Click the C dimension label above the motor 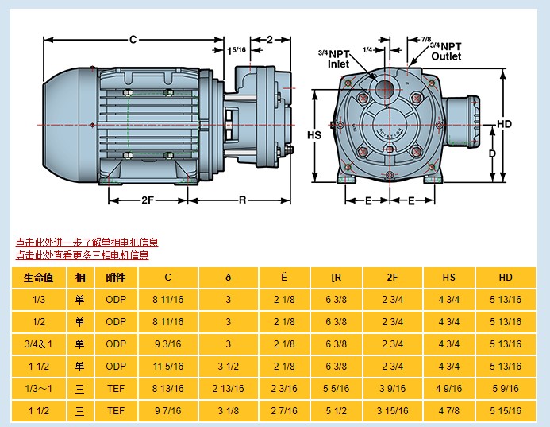[133, 39]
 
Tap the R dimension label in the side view [242, 200]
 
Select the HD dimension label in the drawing [504, 124]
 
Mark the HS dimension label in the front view [314, 135]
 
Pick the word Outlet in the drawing [445, 56]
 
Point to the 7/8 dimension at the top [425, 39]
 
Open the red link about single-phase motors [87, 243]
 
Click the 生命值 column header [38, 278]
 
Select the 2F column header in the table [392, 278]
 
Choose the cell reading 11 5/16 [167, 367]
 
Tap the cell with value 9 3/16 [167, 344]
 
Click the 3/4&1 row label [38, 344]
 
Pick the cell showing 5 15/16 [506, 411]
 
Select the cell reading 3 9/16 [392, 389]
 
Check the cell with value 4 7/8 [448, 411]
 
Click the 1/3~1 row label [38, 389]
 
